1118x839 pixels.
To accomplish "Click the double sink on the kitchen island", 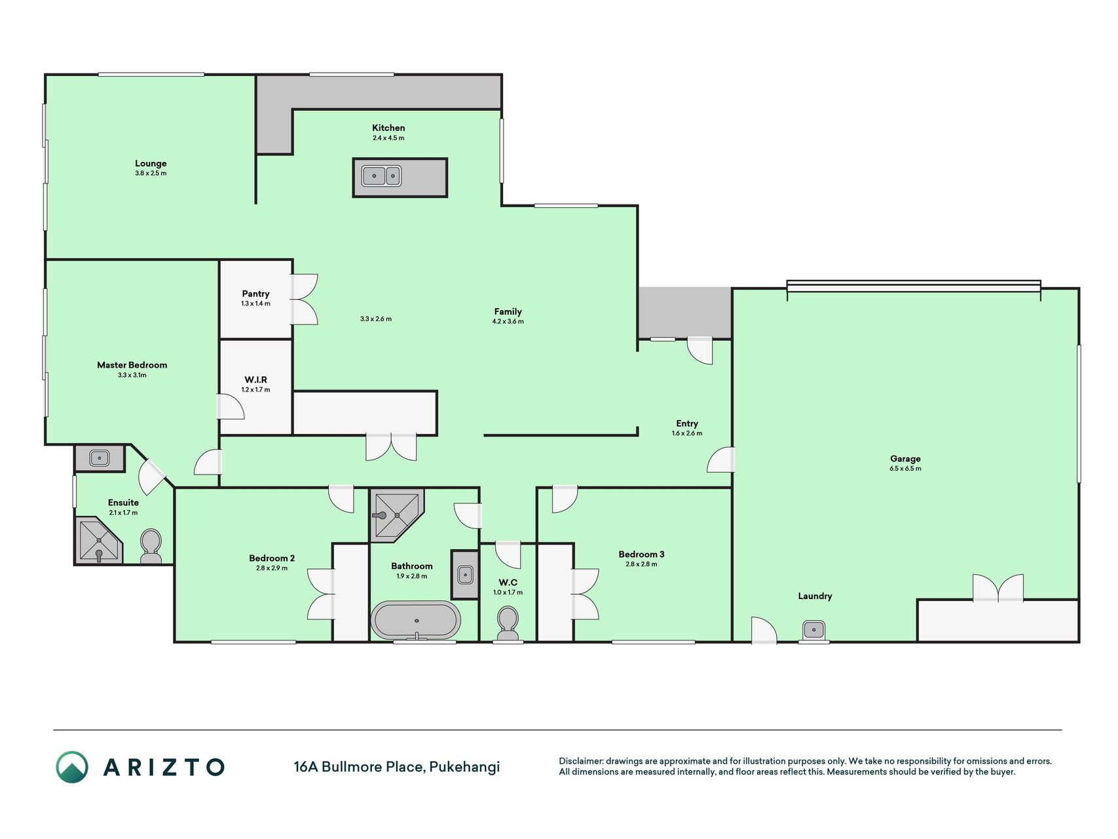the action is (x=381, y=176).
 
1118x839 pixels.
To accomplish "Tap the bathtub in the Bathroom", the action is (x=416, y=620).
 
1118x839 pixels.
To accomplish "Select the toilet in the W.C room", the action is (x=508, y=623).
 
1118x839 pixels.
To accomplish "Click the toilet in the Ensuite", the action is (x=151, y=546).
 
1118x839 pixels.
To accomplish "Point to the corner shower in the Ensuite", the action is (x=99, y=540).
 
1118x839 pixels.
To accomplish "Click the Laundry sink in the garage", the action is (x=813, y=631).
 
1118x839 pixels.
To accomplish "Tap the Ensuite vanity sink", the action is (x=99, y=458).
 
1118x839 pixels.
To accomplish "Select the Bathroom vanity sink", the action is (x=465, y=575).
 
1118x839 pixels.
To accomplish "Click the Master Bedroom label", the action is (x=132, y=365).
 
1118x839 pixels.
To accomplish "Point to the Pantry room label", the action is (x=255, y=294).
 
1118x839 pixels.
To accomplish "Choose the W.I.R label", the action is (x=255, y=380).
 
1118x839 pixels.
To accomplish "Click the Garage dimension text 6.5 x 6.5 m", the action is (x=905, y=469).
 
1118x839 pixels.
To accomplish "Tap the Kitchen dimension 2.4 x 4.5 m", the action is (x=388, y=138).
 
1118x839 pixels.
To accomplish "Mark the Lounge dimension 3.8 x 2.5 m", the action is (x=151, y=174).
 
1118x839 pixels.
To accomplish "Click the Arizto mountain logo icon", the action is (x=72, y=767).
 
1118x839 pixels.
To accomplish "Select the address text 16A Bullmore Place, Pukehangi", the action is (x=397, y=766).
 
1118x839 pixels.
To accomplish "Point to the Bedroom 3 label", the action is (x=641, y=555).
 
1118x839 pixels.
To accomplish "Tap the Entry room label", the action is (x=687, y=423).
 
